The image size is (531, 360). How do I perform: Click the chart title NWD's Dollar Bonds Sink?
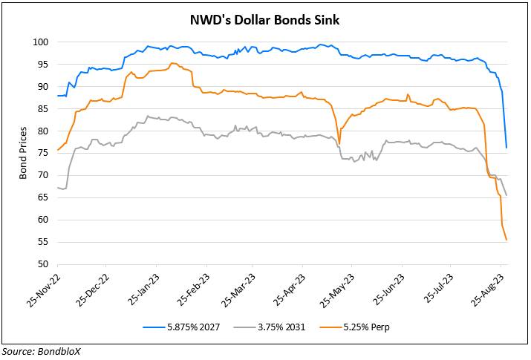[x=265, y=20]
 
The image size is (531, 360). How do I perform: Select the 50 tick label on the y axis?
[x=44, y=264]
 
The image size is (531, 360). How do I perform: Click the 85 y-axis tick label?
[x=44, y=109]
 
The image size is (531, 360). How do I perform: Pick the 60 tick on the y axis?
[x=44, y=220]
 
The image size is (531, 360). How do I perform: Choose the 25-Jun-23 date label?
[x=388, y=292]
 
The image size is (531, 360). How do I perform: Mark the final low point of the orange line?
[x=506, y=240]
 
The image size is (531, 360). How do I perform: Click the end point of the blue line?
[x=506, y=148]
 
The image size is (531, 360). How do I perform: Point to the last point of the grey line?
[x=506, y=195]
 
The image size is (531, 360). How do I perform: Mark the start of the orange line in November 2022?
[x=57, y=151]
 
